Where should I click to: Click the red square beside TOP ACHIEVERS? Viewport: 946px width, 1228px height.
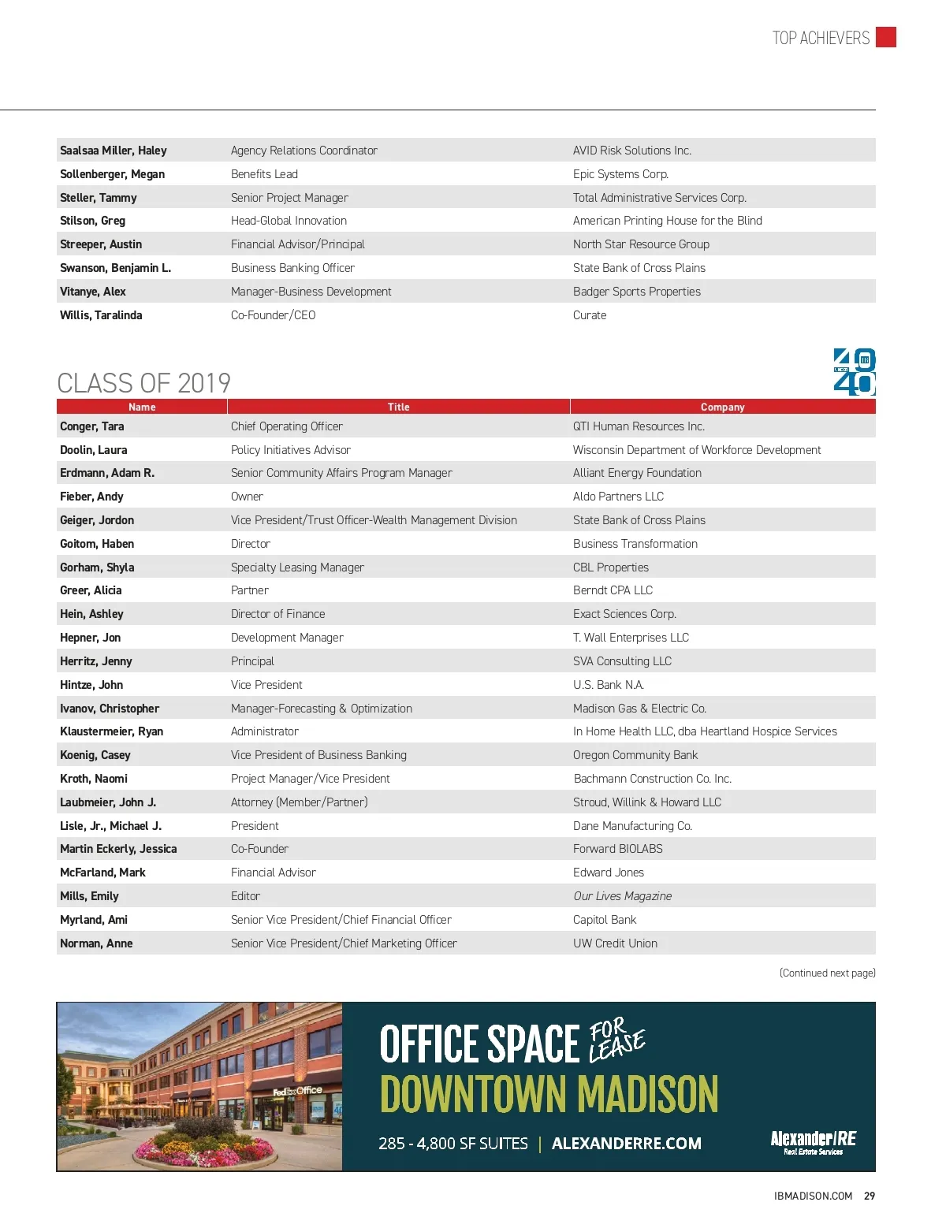(x=886, y=37)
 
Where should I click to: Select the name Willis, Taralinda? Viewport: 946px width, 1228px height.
(x=101, y=315)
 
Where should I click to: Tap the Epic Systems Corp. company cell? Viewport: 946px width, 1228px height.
(x=620, y=174)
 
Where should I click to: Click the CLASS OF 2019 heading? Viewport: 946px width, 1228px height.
(x=144, y=383)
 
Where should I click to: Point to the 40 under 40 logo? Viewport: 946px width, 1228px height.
(x=855, y=371)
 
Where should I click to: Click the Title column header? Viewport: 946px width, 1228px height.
(x=398, y=407)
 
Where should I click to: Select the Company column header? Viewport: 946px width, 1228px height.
(x=722, y=407)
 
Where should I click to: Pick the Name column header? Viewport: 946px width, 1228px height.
(x=142, y=407)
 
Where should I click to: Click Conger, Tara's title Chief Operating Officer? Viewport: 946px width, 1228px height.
(x=287, y=426)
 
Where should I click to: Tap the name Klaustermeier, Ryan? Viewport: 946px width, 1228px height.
(x=112, y=731)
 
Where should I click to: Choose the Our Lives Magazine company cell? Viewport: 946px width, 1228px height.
(x=623, y=896)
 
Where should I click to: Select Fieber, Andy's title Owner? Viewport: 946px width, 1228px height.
(x=247, y=497)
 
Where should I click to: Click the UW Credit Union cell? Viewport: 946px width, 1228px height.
(x=615, y=943)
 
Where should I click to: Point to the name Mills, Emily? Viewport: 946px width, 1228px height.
(x=89, y=896)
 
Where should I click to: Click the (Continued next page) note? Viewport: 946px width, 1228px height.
(x=827, y=973)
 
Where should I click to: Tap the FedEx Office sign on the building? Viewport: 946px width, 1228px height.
(x=297, y=1091)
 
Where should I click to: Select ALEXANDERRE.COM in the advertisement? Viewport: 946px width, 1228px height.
(x=626, y=1143)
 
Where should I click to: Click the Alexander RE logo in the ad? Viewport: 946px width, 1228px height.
(x=813, y=1141)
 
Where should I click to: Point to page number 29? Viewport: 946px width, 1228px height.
(x=870, y=1196)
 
